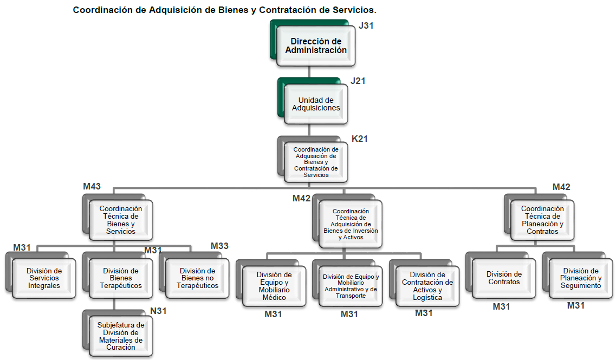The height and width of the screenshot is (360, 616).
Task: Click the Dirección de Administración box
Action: point(316,46)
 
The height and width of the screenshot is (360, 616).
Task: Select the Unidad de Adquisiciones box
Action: point(316,104)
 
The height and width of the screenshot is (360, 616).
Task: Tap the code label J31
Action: point(366,25)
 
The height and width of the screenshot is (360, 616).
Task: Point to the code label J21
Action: point(358,81)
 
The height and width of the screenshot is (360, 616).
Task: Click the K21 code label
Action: point(360,139)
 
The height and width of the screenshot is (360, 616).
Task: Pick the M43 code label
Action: point(92,186)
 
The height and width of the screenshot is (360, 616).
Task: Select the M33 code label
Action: point(219,246)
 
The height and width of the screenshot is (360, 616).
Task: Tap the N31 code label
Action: point(159,311)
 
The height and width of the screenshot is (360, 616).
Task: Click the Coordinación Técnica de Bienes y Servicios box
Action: point(121,220)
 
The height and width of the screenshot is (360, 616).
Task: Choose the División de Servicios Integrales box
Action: point(44,278)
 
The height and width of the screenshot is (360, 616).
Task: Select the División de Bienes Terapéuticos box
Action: point(121,278)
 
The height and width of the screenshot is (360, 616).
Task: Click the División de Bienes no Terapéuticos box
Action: point(197,278)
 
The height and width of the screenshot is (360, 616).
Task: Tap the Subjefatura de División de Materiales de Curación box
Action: point(121,336)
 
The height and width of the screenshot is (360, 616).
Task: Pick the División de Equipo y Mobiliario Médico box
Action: point(274,286)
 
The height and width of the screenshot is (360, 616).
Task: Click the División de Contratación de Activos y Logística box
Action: point(427,286)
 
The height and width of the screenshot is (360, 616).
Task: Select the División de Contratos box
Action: point(504,278)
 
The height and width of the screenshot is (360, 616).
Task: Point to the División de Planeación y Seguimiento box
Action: point(581,278)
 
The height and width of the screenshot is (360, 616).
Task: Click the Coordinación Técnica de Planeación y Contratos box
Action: point(542,220)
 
